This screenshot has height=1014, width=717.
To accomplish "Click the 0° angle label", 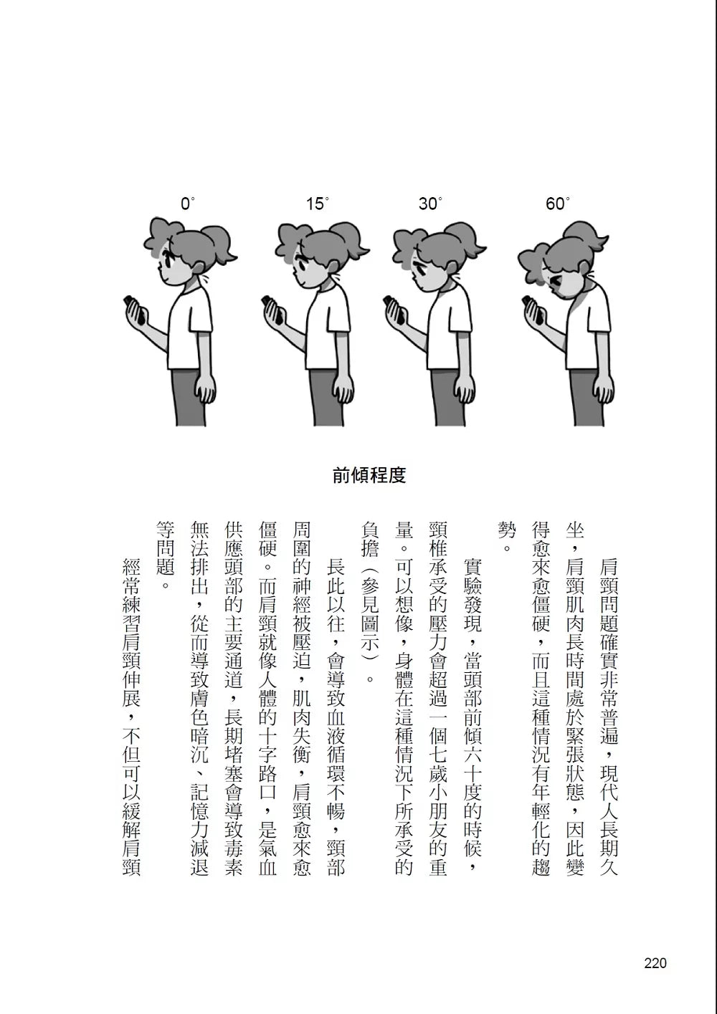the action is pyautogui.click(x=188, y=204).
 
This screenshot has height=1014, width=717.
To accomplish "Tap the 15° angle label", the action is pyautogui.click(x=317, y=204).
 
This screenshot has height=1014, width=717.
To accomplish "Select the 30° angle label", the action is pyautogui.click(x=430, y=204).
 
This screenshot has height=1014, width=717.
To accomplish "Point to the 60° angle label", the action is pyautogui.click(x=558, y=204).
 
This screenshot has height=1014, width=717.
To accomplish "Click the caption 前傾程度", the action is pyautogui.click(x=369, y=475).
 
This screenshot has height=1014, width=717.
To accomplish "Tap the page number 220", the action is pyautogui.click(x=655, y=963).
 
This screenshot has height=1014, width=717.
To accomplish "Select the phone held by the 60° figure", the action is pyautogui.click(x=533, y=309).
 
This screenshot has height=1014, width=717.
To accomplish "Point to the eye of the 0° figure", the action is pyautogui.click(x=168, y=262).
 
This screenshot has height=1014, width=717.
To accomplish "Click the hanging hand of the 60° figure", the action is pyautogui.click(x=604, y=389).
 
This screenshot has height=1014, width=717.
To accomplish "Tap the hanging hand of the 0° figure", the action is pyautogui.click(x=205, y=389).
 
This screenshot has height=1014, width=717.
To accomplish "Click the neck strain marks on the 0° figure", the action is pyautogui.click(x=206, y=278).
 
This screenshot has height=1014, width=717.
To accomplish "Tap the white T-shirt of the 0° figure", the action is pyautogui.click(x=190, y=327).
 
